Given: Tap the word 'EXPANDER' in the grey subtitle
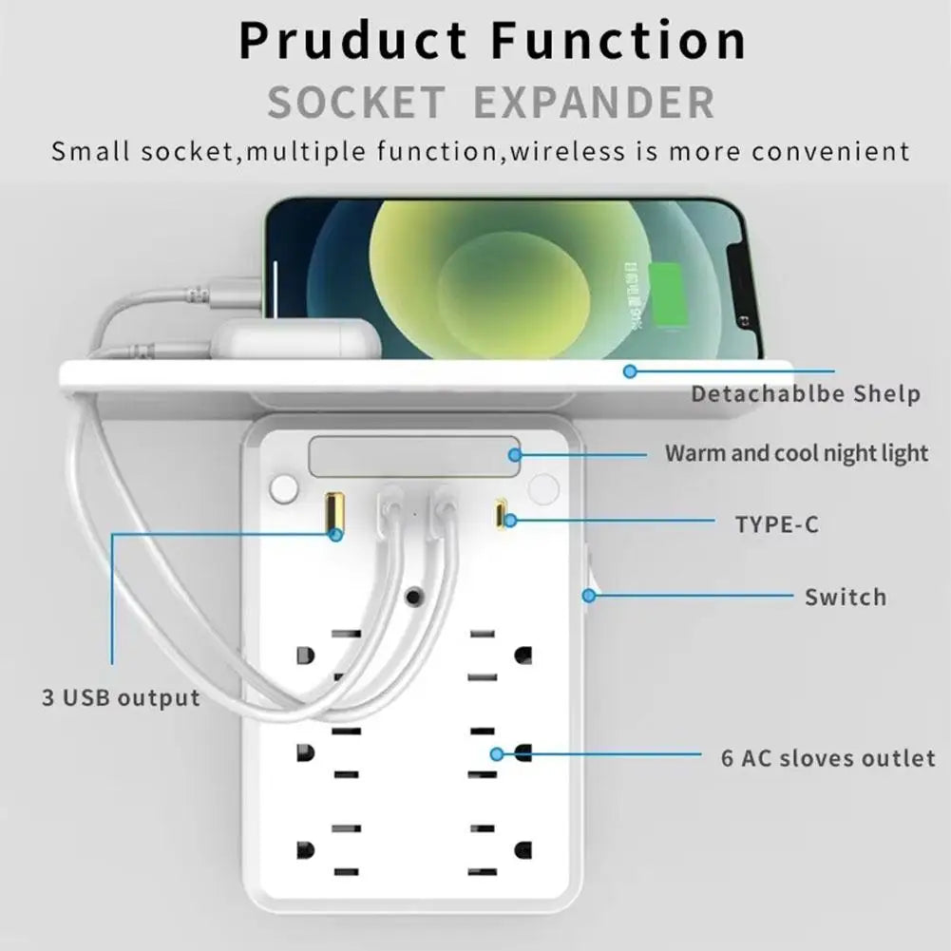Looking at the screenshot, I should (x=594, y=103).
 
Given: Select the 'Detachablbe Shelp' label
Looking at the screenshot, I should (x=805, y=393).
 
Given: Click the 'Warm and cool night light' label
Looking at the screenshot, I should (x=796, y=453).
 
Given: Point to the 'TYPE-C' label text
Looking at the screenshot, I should (x=776, y=523).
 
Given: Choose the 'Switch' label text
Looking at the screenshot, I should (x=845, y=598).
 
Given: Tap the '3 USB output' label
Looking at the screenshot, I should (x=121, y=698).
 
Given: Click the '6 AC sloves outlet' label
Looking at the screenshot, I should (x=827, y=758).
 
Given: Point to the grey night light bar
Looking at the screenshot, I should (x=414, y=456).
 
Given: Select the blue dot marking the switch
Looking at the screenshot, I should (x=589, y=596).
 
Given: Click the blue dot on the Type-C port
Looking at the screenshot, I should (x=510, y=520).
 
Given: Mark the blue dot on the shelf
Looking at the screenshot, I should (x=629, y=371).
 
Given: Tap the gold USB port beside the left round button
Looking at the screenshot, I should (x=333, y=513).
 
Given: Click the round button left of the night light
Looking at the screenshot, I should (x=283, y=489).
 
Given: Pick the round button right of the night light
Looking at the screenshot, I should (x=543, y=489).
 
